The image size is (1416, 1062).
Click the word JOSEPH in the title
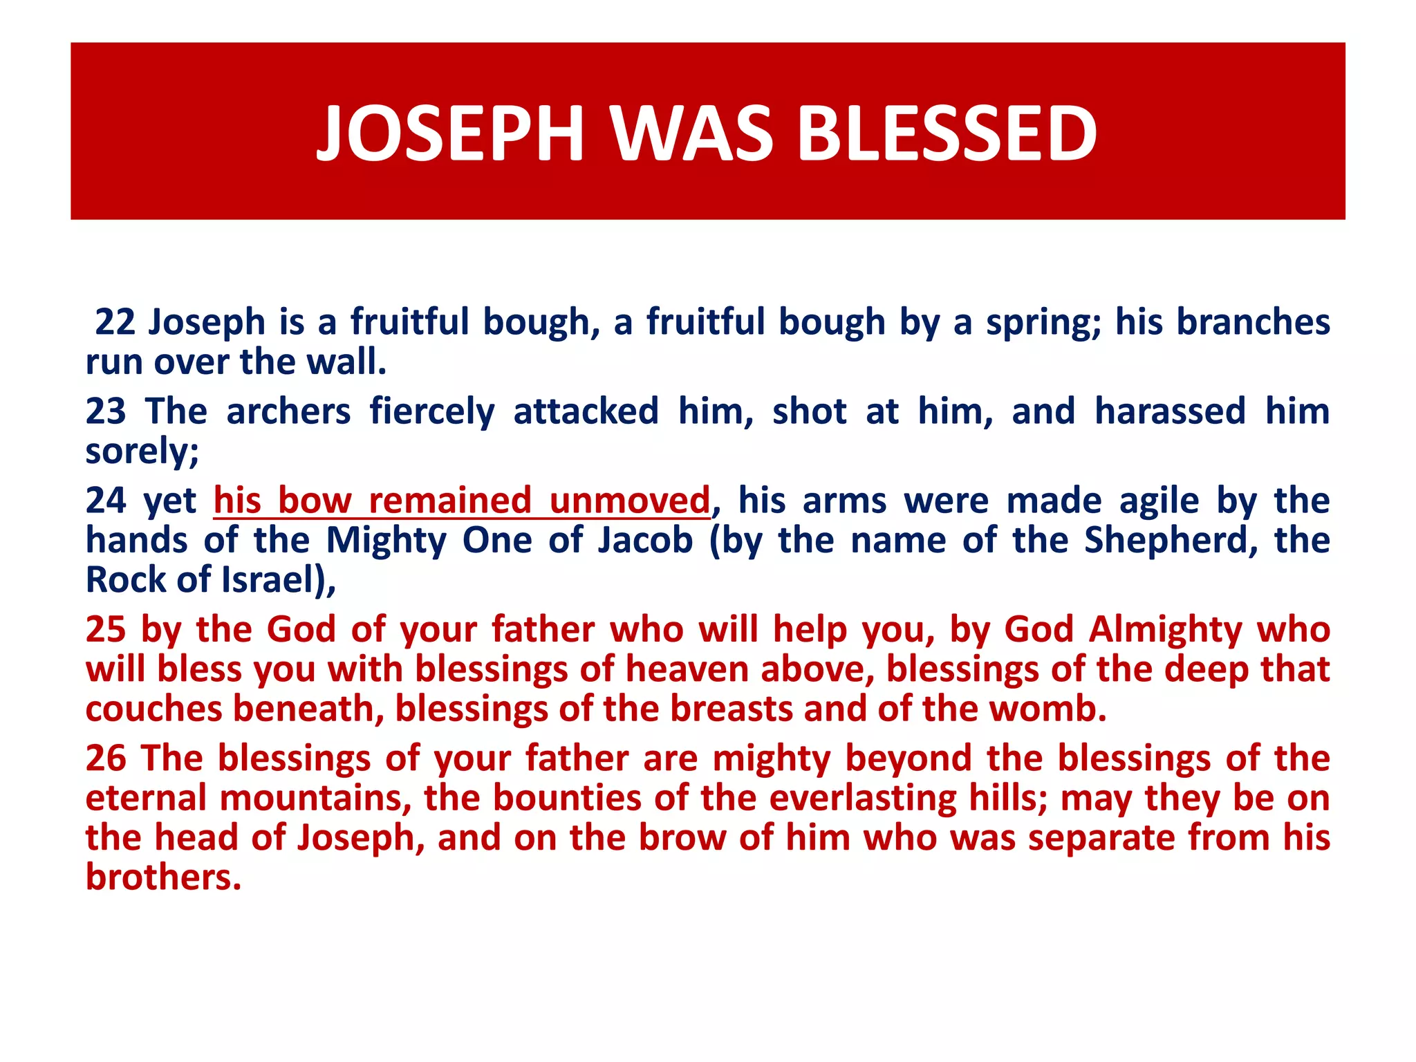[x=450, y=133]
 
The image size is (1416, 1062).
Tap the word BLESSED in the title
[x=947, y=133]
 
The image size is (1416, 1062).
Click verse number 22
[x=115, y=322]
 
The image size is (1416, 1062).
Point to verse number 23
[x=106, y=411]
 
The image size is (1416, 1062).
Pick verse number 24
[x=106, y=501]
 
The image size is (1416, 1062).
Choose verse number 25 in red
[x=106, y=630]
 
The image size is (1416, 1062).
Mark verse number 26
[x=106, y=758]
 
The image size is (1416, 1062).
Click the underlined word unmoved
[x=629, y=501]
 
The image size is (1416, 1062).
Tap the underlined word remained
[x=450, y=501]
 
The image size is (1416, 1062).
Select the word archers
[x=288, y=411]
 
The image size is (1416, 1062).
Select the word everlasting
[x=863, y=799]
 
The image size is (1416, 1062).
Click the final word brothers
[x=163, y=877]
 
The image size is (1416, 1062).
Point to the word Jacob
[x=645, y=541]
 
